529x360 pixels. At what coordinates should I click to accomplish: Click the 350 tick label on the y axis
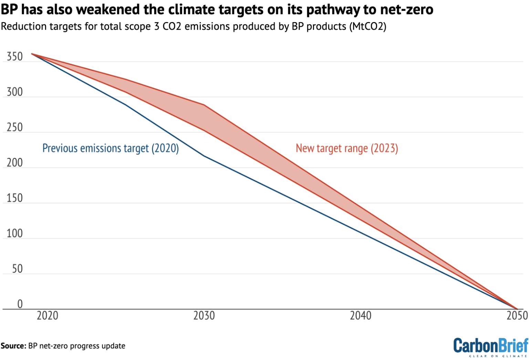pos(14,57)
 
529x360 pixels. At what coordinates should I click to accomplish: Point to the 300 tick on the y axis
pos(14,92)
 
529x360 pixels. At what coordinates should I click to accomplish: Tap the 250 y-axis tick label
pos(14,128)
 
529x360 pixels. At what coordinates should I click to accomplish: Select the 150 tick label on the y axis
pos(14,198)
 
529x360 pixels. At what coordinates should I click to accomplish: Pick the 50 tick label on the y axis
pos(17,269)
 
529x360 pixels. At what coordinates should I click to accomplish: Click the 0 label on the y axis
pos(20,304)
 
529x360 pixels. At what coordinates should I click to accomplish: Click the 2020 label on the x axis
pos(48,316)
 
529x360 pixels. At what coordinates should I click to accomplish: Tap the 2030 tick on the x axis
pos(204,316)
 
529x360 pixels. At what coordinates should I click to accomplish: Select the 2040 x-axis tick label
pos(361,316)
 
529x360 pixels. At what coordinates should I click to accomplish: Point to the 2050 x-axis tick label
pos(517,316)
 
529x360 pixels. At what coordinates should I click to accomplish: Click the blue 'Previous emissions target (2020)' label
pos(111,148)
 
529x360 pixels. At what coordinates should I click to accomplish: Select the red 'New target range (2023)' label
pos(347,148)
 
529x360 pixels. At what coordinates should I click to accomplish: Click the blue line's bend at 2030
pos(204,156)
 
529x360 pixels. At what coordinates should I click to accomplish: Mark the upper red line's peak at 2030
pos(204,105)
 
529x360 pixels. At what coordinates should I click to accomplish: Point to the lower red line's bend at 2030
pos(204,130)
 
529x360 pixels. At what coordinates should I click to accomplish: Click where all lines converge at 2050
pos(517,309)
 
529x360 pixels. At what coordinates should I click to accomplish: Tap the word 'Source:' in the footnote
pos(13,346)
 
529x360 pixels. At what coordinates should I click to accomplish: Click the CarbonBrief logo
pos(490,347)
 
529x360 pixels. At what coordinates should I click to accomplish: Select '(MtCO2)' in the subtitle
pos(367,27)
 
